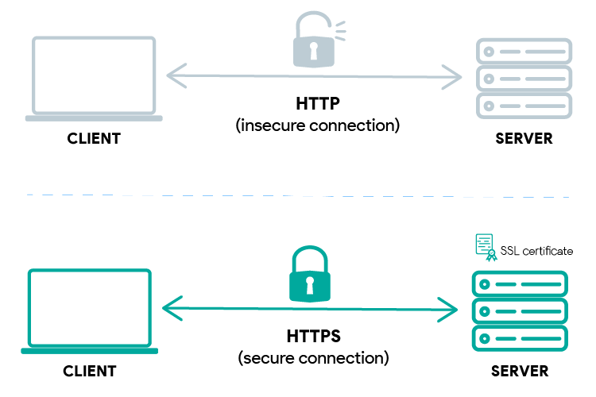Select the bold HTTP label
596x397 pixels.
316,104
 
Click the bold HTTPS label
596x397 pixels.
313,336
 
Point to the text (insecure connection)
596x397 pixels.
317,125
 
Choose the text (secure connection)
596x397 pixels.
313,357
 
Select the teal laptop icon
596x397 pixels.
90,310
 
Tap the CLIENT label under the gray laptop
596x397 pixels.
94,139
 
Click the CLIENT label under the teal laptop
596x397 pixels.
90,371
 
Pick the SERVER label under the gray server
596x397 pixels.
524,139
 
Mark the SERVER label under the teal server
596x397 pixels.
520,371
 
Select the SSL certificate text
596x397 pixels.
536,251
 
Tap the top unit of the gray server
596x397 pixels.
524,52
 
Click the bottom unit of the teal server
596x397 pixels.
520,337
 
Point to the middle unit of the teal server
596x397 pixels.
520,310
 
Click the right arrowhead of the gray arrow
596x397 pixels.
455,77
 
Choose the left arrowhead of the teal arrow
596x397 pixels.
168,307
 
